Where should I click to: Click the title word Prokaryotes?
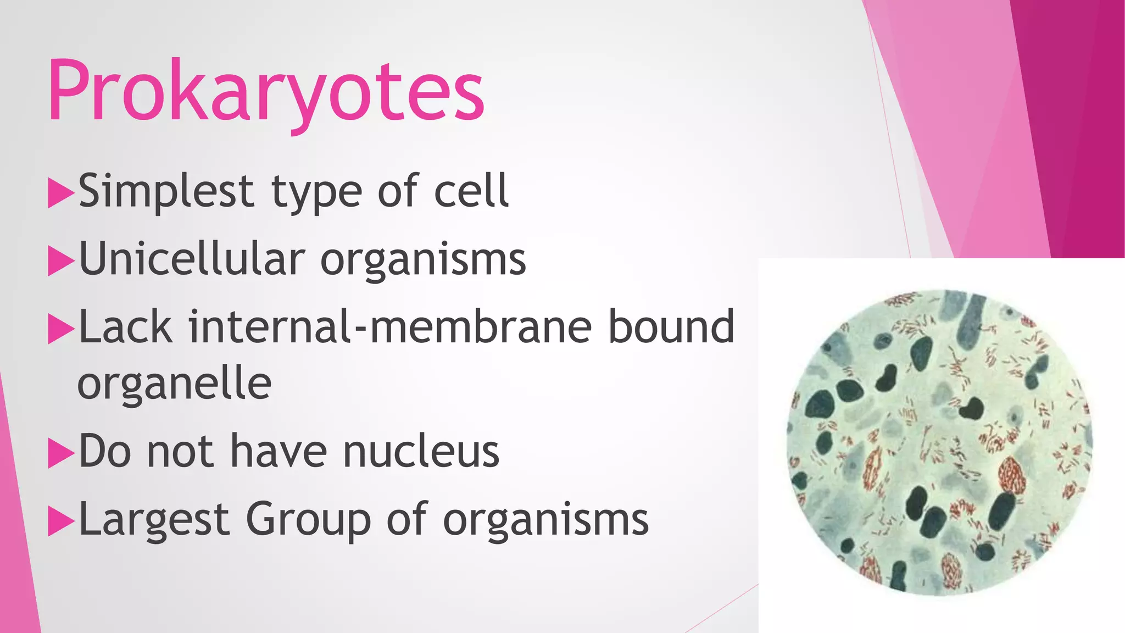(266, 91)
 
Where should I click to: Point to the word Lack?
(125, 327)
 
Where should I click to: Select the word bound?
(671, 327)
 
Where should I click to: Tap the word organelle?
(175, 385)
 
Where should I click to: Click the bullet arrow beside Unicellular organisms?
(60, 261)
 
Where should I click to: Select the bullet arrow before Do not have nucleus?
(60, 453)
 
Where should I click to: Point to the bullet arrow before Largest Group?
(60, 521)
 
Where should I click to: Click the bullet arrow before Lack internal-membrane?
(60, 329)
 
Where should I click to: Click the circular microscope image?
(940, 443)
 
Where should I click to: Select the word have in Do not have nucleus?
(278, 452)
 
